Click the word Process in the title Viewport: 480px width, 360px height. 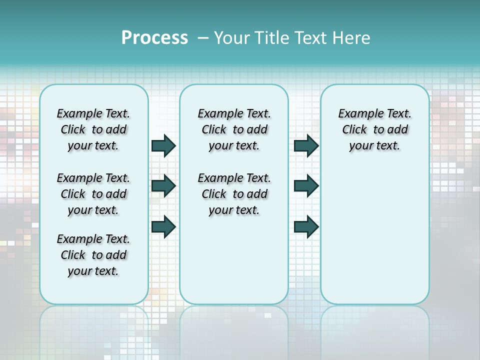point(154,37)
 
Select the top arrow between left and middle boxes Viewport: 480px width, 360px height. point(163,145)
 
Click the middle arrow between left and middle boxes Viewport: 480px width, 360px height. point(163,186)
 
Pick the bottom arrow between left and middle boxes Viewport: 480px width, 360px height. point(163,226)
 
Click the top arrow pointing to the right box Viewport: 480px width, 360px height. point(306,145)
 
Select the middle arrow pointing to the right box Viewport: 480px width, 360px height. point(306,186)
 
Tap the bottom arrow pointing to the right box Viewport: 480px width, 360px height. point(306,226)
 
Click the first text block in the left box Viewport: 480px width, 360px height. point(93,129)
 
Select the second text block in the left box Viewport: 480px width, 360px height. point(93,194)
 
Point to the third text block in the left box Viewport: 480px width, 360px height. point(93,255)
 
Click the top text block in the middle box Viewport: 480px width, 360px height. point(234,129)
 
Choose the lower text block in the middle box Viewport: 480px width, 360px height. point(234,194)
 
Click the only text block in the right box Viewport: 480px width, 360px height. point(374,129)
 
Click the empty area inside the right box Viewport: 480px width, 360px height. point(374,225)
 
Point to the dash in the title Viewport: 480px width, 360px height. point(203,38)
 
